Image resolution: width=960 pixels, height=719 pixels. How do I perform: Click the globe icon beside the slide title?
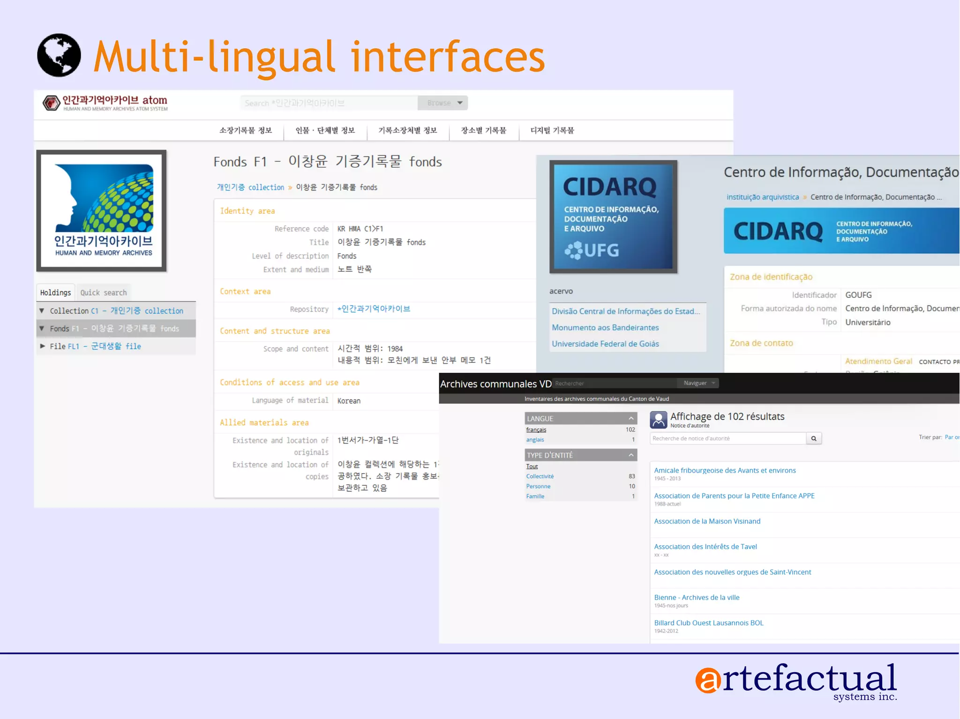pyautogui.click(x=59, y=55)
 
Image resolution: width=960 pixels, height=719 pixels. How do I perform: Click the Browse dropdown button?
pyautogui.click(x=443, y=103)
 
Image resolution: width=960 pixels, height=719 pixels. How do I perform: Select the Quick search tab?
pyautogui.click(x=104, y=293)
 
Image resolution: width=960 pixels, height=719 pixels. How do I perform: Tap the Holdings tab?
pyautogui.click(x=55, y=293)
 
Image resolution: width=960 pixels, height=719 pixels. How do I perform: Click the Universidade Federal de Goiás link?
pyautogui.click(x=605, y=344)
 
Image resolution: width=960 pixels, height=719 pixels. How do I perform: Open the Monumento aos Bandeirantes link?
pyautogui.click(x=605, y=327)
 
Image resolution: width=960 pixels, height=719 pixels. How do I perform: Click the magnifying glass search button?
pyautogui.click(x=814, y=438)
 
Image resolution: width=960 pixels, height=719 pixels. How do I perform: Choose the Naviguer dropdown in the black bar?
pyautogui.click(x=698, y=383)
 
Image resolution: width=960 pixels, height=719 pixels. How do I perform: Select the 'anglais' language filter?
pyautogui.click(x=535, y=440)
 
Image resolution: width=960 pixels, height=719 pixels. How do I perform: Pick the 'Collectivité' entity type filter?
pyautogui.click(x=540, y=476)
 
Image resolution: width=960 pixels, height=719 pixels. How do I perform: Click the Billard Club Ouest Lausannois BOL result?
pyautogui.click(x=709, y=623)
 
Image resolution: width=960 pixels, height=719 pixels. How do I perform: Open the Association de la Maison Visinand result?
pyautogui.click(x=707, y=521)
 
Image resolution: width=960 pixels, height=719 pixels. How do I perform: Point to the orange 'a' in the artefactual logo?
pyautogui.click(x=708, y=680)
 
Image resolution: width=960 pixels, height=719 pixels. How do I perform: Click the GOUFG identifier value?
pyautogui.click(x=858, y=295)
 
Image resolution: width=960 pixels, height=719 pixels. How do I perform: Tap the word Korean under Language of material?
pyautogui.click(x=349, y=401)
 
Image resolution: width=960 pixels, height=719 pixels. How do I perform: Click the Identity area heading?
pyautogui.click(x=247, y=211)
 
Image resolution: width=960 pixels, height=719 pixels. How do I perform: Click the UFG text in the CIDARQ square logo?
pyautogui.click(x=601, y=251)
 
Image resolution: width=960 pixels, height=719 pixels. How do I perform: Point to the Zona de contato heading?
pyautogui.click(x=761, y=343)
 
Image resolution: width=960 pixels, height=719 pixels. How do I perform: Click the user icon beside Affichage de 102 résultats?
pyautogui.click(x=658, y=420)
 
